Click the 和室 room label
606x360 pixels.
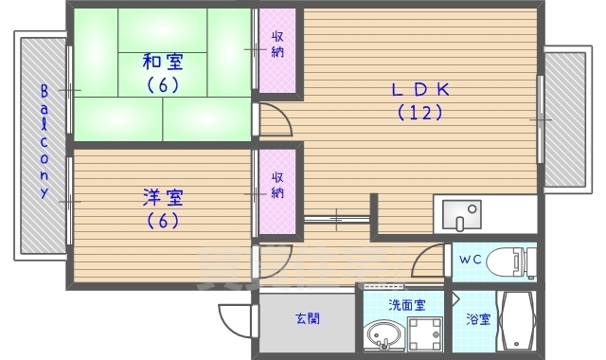[x=163, y=63]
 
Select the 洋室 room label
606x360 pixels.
[x=163, y=198]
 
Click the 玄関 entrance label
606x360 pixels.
[x=306, y=318]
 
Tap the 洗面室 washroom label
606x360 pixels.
[x=406, y=305]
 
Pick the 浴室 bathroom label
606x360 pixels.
[x=477, y=319]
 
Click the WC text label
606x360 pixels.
[x=471, y=259]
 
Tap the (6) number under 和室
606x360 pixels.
[x=163, y=84]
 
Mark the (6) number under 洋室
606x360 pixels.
[x=163, y=222]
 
